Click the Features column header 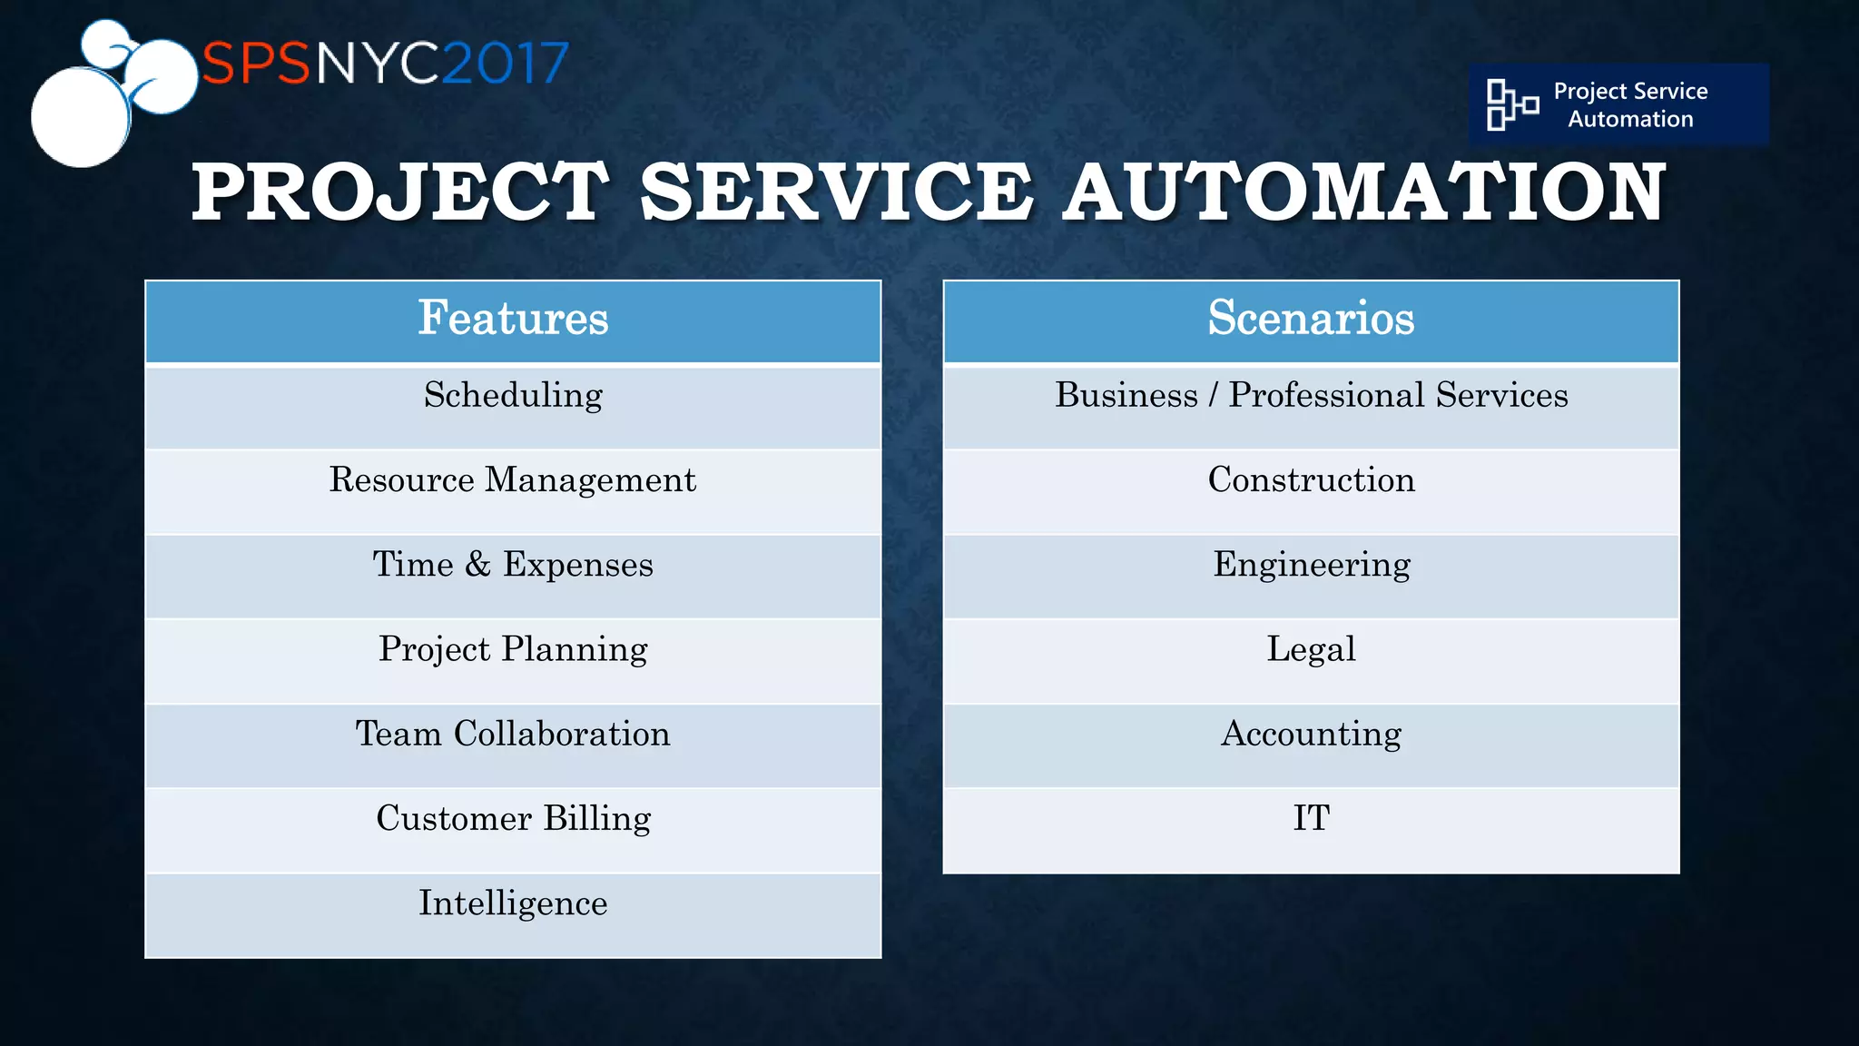(513, 319)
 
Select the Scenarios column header (1311, 319)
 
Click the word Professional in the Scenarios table (1326, 396)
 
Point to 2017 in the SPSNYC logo (505, 64)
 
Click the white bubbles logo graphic (100, 95)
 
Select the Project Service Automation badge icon (1511, 104)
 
